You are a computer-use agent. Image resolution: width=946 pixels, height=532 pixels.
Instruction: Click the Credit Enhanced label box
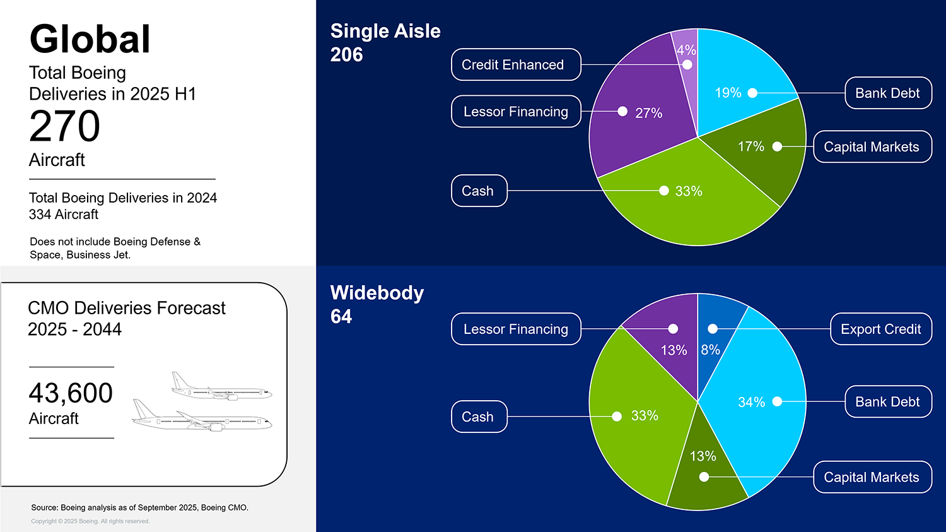coord(516,64)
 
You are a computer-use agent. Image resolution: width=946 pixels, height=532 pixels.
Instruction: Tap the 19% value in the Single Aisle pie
coord(728,93)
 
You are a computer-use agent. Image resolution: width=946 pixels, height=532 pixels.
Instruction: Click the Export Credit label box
coord(880,329)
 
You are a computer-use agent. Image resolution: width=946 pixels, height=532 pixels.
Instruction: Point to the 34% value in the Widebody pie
coord(751,402)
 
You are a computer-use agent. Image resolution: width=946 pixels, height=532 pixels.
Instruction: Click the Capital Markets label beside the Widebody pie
coord(872,477)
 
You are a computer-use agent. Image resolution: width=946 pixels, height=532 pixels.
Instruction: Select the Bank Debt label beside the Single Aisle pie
coord(887,93)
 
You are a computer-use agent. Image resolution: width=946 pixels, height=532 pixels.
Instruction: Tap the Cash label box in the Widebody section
coord(479,417)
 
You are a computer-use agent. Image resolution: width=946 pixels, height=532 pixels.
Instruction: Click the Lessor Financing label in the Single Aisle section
coord(516,112)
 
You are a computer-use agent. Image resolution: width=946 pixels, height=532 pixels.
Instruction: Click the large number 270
coord(65,127)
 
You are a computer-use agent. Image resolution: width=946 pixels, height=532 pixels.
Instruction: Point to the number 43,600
coord(71,393)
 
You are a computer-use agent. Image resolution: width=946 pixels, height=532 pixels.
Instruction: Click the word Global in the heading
coord(90,39)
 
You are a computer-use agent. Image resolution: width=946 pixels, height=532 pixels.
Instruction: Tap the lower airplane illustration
coord(202,417)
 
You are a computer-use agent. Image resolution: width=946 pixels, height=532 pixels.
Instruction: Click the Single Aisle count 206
coord(347,55)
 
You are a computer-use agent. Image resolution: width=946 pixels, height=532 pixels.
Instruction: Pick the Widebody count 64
coord(341,316)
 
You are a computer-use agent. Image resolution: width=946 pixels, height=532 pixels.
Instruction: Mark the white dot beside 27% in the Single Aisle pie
coord(622,112)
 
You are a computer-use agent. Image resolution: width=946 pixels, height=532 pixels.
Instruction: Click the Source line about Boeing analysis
coord(139,507)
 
